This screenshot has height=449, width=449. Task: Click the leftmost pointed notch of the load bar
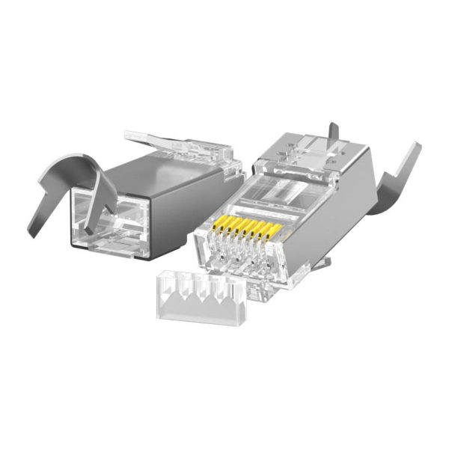171,284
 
